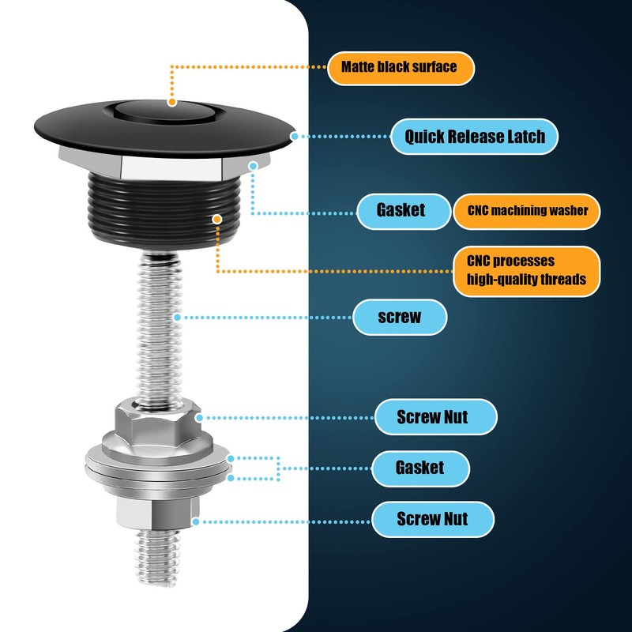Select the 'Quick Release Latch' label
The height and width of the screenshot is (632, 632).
[x=475, y=137]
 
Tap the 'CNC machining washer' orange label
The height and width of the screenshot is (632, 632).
[x=527, y=211]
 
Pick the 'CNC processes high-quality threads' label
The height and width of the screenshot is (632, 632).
[x=527, y=270]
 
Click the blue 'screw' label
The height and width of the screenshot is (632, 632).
[x=400, y=318]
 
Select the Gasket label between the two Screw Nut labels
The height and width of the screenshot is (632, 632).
[x=419, y=467]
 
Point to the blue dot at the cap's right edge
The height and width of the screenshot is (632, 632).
[x=295, y=136]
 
